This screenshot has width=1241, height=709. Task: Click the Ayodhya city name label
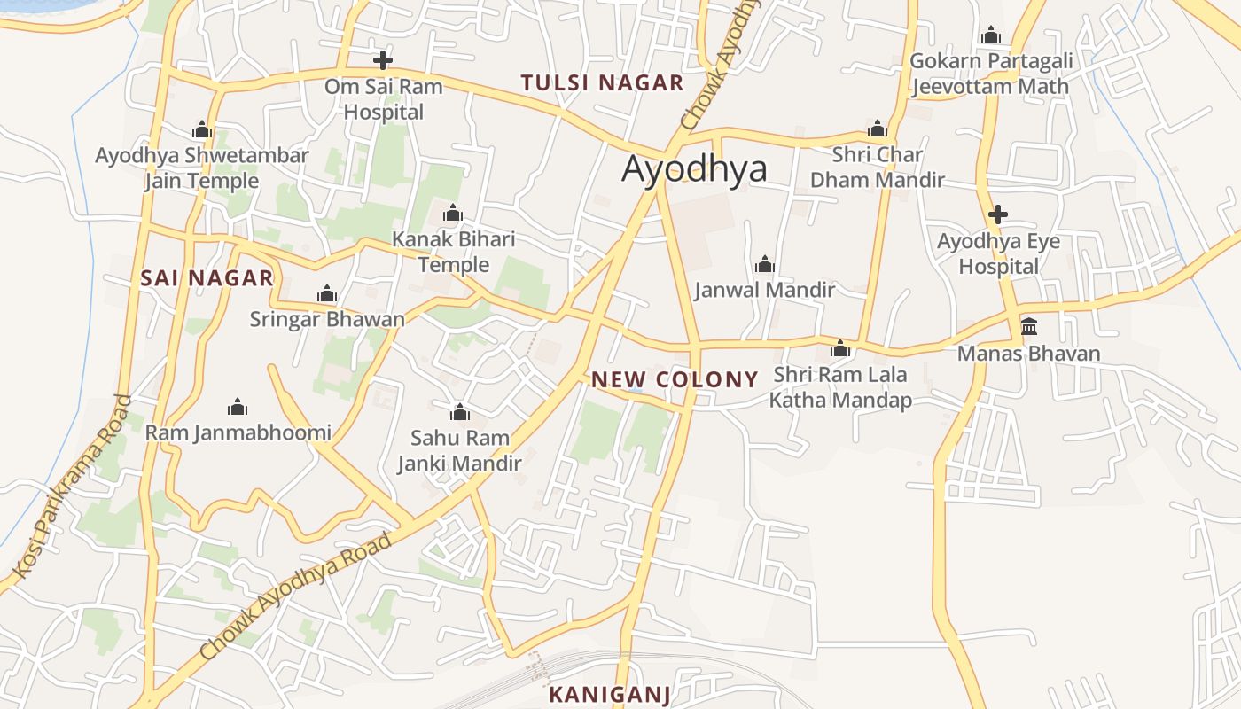pos(694,168)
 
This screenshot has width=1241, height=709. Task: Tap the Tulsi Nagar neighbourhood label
pos(602,83)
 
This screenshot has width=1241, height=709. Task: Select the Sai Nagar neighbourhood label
pos(207,278)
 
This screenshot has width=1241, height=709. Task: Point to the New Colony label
pos(675,380)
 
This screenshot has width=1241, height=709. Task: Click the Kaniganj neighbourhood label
pos(610,694)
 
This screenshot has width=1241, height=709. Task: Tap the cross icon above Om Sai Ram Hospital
pos(383,60)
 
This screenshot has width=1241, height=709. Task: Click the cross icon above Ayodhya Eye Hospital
pos(998,214)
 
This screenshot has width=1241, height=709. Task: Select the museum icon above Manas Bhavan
pos(1028,327)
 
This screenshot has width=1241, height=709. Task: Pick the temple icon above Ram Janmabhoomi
pos(237,407)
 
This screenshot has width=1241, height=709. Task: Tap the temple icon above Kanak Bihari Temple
pos(453,213)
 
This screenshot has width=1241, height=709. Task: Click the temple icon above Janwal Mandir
pos(764,264)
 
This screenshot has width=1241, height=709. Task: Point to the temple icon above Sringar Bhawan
pos(327,293)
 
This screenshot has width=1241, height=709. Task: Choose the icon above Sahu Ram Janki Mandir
pos(459,412)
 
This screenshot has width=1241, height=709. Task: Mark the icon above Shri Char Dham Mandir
pos(878,129)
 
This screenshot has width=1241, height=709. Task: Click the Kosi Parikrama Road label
pos(74,485)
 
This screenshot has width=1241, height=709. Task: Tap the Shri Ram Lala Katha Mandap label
pos(840,387)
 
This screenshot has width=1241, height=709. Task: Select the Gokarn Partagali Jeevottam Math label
pos(991,74)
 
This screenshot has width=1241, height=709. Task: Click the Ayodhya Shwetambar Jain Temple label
pos(202,168)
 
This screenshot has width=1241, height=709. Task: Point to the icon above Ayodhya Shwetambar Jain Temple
pos(202,130)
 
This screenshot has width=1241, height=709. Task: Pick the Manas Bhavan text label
pos(1028,354)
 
